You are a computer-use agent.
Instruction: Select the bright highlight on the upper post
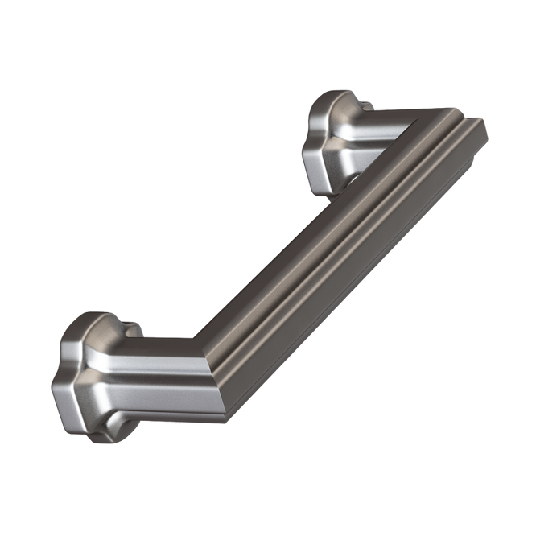point(378,121)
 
